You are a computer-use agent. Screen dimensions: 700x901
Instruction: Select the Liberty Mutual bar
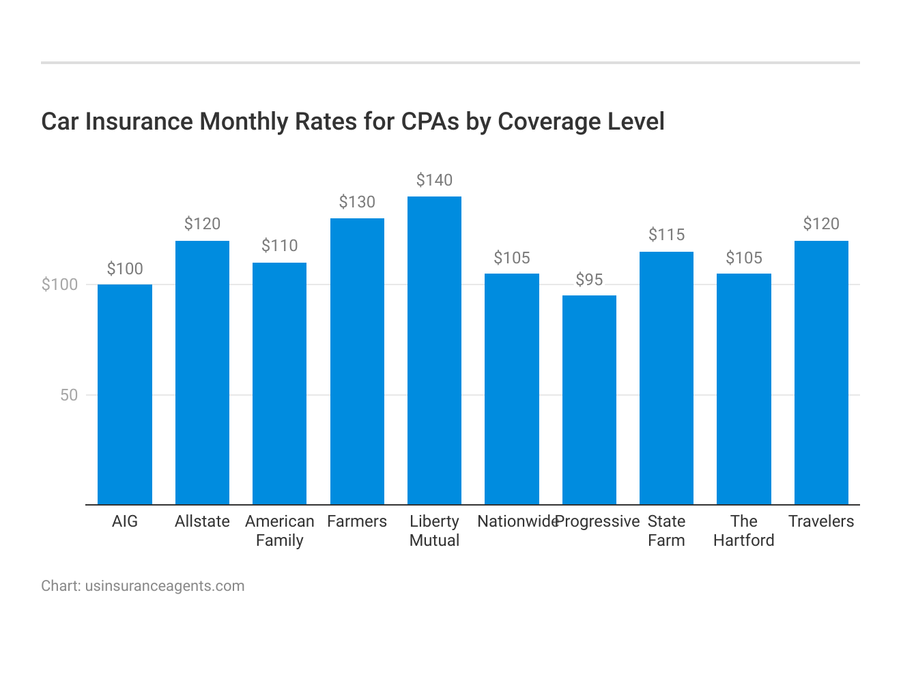(x=434, y=351)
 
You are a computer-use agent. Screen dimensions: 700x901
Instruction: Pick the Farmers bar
(x=357, y=362)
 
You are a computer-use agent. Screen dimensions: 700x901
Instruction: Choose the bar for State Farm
(x=666, y=378)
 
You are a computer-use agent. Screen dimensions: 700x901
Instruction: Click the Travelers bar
(x=821, y=373)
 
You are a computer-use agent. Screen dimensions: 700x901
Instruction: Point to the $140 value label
(x=434, y=180)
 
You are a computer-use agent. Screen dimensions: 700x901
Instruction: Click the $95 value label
(x=589, y=280)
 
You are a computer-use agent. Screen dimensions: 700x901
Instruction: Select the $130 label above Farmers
(x=357, y=202)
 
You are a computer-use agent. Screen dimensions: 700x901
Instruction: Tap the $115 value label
(x=666, y=235)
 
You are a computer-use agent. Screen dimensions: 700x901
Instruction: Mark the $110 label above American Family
(x=280, y=246)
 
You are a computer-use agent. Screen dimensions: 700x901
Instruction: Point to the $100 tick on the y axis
(x=60, y=285)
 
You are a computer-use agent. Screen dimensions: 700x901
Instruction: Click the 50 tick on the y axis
(x=69, y=395)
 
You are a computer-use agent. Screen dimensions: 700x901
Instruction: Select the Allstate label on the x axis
(x=202, y=521)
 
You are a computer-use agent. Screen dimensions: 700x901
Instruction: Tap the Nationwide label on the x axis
(x=516, y=521)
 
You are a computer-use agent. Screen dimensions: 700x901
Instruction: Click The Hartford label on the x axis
(x=744, y=531)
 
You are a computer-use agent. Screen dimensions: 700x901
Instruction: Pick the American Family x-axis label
(x=280, y=531)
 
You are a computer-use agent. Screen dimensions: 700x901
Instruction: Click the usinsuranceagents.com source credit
(x=165, y=586)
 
